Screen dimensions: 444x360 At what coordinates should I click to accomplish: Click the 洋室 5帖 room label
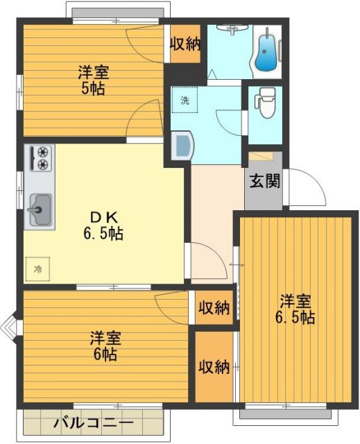92,79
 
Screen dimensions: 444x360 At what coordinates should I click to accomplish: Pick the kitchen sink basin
40,207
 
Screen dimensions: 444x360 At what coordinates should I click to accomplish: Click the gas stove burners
42,158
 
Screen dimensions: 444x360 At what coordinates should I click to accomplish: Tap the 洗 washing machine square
185,100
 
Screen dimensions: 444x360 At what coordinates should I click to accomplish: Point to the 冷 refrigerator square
37,268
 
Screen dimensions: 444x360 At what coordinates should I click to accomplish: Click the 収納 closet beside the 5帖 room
185,44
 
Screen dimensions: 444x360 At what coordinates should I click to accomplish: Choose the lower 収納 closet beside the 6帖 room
213,366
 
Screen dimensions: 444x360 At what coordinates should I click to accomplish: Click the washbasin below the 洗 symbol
182,146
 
